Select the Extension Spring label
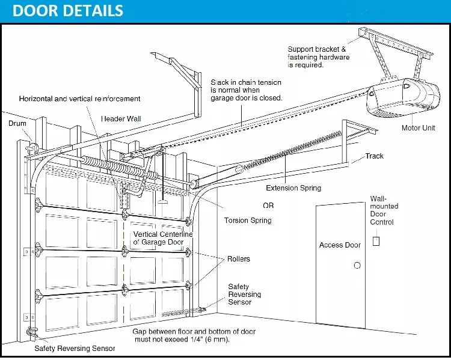tap(293, 188)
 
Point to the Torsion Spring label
tap(248, 221)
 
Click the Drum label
tap(17, 123)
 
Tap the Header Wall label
tap(121, 119)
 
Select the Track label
tap(375, 156)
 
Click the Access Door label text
tap(340, 245)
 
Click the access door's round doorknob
tap(357, 265)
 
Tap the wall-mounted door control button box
tap(376, 241)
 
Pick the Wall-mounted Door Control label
tap(384, 210)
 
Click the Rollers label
tap(239, 260)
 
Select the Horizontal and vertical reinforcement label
tap(80, 99)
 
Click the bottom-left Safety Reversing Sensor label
tap(75, 348)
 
